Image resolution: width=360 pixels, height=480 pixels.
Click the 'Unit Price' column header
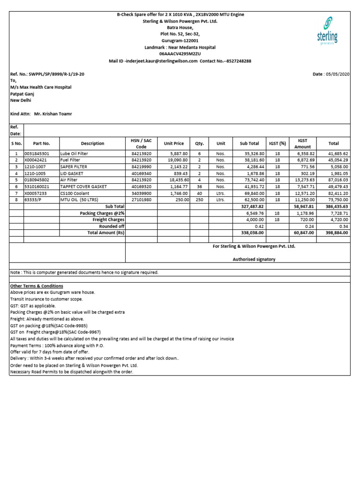173,143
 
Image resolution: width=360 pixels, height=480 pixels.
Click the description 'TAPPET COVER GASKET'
84,187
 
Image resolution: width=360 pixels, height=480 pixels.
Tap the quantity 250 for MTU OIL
199,200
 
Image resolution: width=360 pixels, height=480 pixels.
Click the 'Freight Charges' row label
108,219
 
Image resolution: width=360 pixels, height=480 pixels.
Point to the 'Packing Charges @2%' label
102,213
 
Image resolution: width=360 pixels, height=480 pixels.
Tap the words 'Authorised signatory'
254,259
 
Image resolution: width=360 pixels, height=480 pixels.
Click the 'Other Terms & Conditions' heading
37,286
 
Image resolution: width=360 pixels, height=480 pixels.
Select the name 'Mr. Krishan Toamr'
53,114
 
